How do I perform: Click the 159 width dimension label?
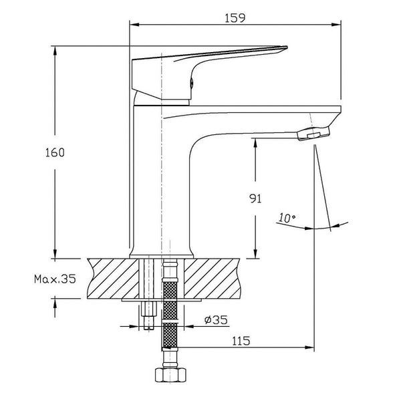pos(235,18)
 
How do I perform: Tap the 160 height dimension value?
pos(55,152)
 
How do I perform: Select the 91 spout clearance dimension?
pos(255,198)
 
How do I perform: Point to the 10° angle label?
pos(287,218)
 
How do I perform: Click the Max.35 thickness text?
pos(55,279)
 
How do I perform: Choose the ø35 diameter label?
pos(216,319)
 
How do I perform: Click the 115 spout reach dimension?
pos(241,341)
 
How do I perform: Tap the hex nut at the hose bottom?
pos(170,375)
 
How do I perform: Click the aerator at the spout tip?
pos(314,133)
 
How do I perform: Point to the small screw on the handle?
pos(192,83)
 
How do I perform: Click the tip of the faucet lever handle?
pos(287,47)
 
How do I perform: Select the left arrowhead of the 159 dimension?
pos(134,25)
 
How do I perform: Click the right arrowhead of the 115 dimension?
pos(309,348)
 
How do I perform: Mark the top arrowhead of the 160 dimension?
pos(55,51)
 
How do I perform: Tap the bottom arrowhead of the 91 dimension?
pos(255,253)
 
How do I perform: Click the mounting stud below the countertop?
pos(149,315)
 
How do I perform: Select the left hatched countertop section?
pos(113,279)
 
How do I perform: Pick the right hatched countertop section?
pos(213,279)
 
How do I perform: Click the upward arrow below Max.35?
pos(55,308)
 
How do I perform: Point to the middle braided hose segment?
pos(170,309)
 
